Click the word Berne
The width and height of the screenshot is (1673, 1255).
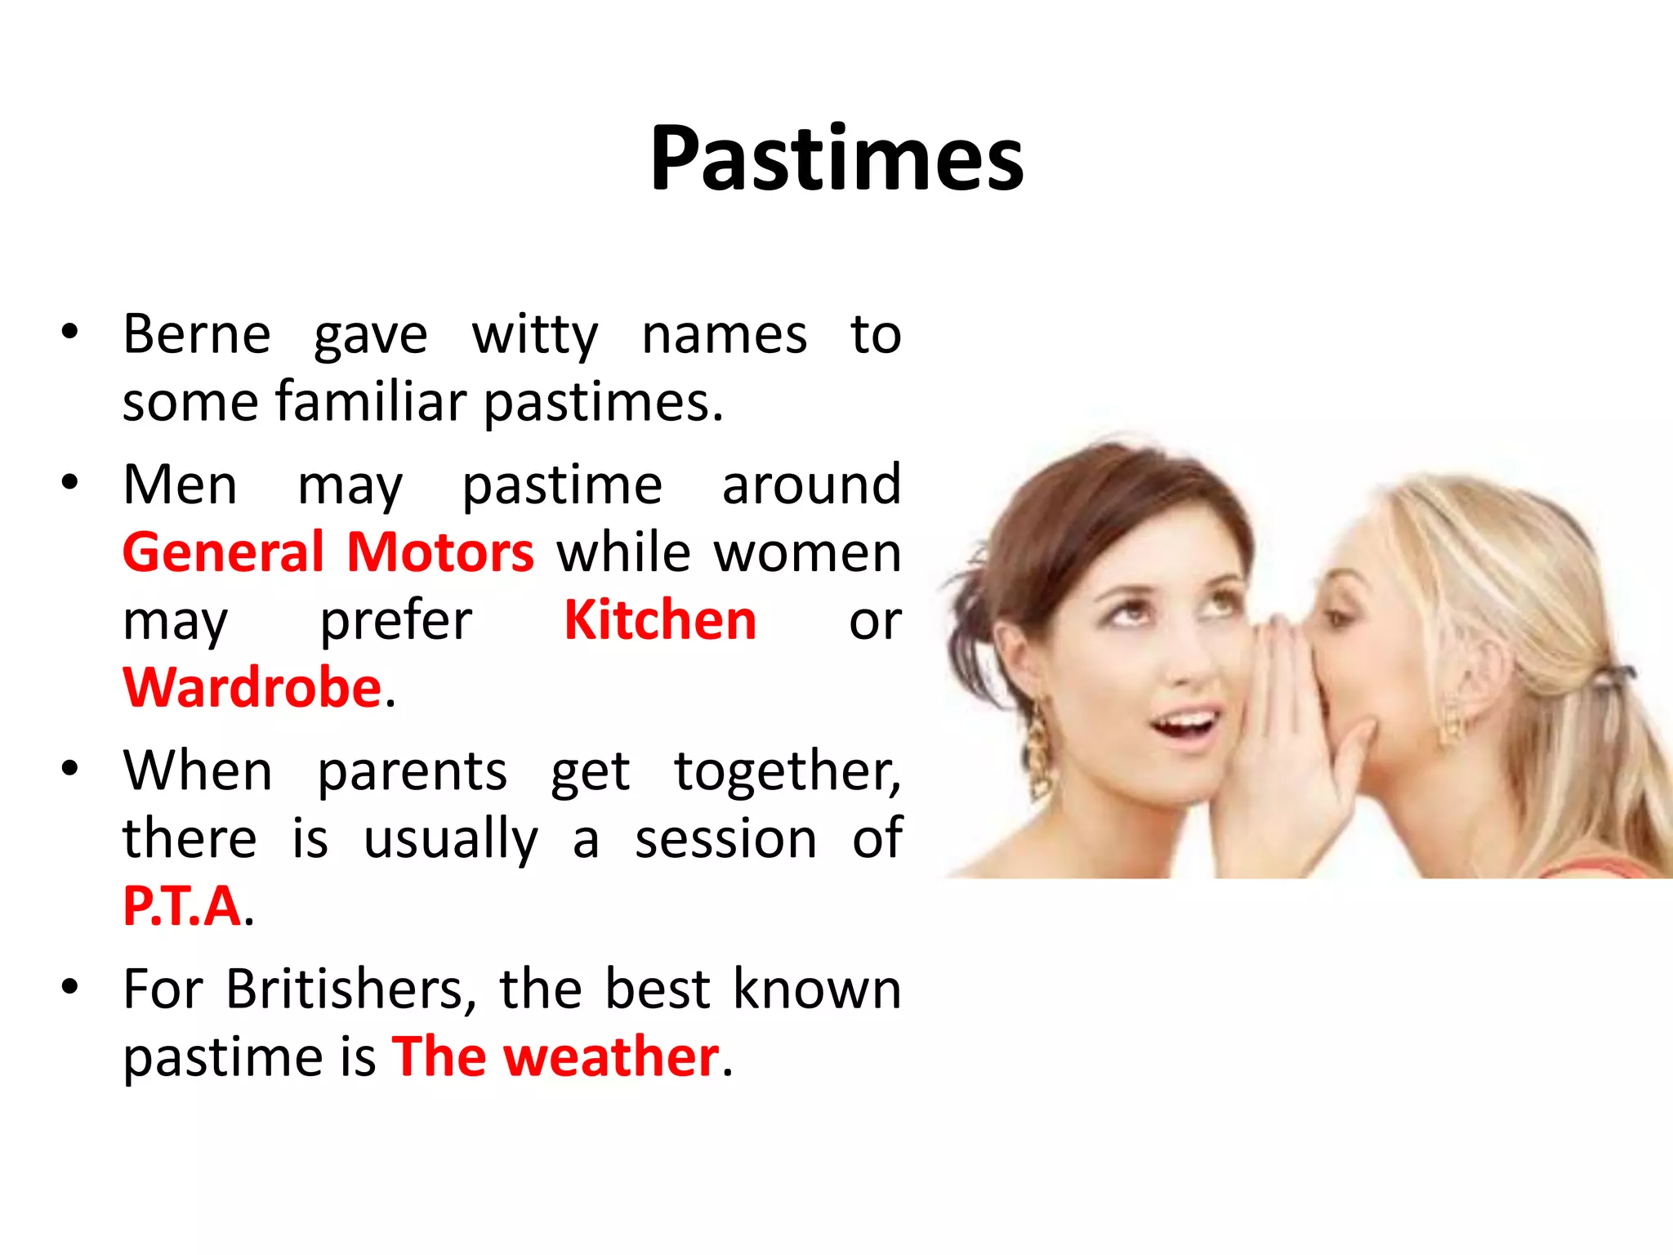click(196, 334)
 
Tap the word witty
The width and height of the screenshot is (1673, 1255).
click(535, 336)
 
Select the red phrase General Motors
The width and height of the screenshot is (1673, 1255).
click(328, 552)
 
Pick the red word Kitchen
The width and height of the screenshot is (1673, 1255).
click(660, 620)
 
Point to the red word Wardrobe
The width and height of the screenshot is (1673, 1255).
click(252, 687)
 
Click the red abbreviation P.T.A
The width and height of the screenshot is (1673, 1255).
click(182, 906)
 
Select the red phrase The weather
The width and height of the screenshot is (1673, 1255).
click(555, 1056)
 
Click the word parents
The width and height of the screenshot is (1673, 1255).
click(412, 771)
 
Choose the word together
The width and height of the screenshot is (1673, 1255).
click(787, 771)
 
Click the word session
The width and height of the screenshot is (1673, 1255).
click(725, 839)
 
